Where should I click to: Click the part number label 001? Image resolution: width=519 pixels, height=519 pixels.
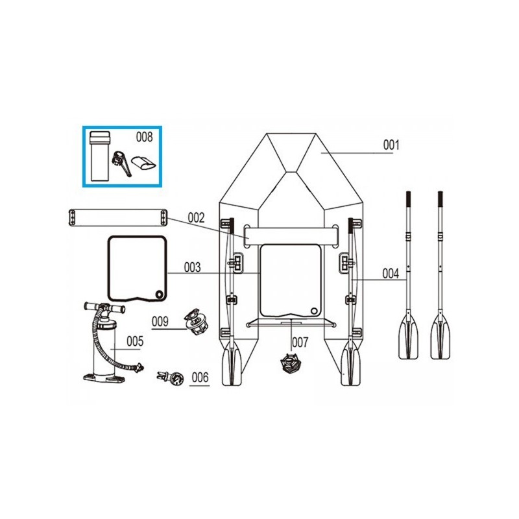click(390, 145)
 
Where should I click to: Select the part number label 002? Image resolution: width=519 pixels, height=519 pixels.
click(197, 218)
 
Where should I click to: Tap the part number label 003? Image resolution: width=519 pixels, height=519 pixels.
click(193, 267)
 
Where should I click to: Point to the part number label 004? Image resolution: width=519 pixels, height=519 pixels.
click(391, 274)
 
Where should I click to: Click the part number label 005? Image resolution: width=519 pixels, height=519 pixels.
click(135, 340)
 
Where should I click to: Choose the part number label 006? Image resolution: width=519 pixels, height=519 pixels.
click(200, 377)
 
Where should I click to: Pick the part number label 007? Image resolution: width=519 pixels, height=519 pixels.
click(300, 341)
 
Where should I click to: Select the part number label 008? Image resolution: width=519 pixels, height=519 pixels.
click(144, 137)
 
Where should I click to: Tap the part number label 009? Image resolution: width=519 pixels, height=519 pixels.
click(160, 320)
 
